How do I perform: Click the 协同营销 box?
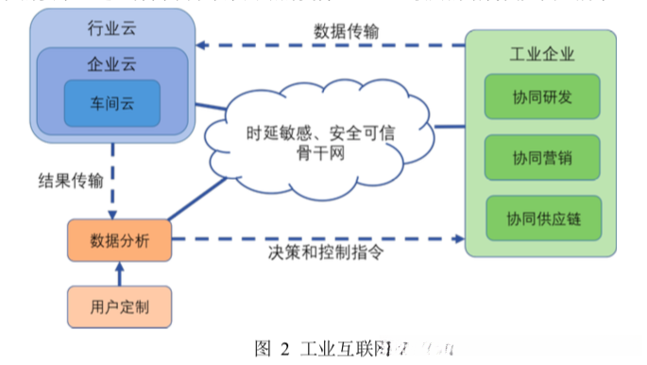point(541,158)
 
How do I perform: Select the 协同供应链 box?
point(541,217)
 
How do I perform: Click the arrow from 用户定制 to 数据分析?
point(119,274)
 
